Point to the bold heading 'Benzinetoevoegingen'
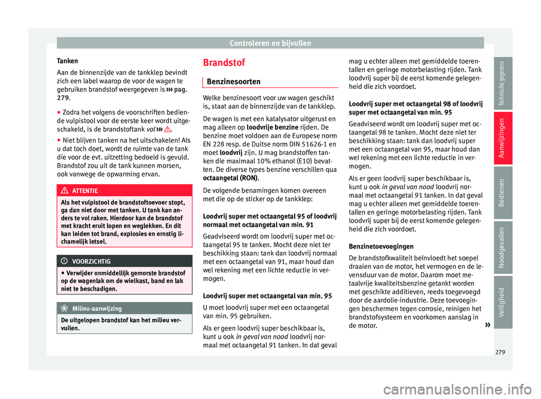(381, 246)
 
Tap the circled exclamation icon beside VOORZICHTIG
(66, 261)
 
